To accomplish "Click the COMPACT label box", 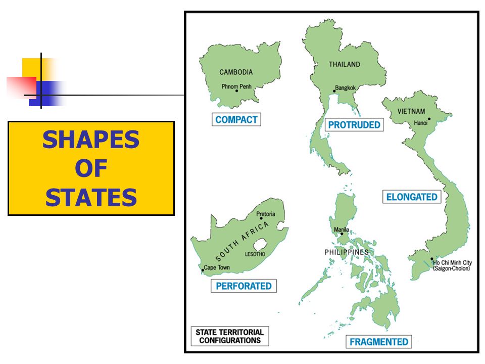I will (x=236, y=120).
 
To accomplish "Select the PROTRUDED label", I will (x=354, y=124).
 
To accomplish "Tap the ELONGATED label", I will (x=412, y=197).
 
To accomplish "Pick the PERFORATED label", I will (x=244, y=286).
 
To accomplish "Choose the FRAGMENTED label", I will (x=379, y=342).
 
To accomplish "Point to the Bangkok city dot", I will (x=334, y=92).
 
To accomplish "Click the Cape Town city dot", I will (x=203, y=270).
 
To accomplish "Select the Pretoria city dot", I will (x=261, y=218).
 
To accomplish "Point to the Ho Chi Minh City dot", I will (x=431, y=259).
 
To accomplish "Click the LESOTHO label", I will (x=255, y=254).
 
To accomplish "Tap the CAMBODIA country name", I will (x=236, y=72).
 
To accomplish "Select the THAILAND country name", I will (x=345, y=64).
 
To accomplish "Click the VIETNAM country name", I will (x=411, y=111).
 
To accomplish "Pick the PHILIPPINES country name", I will (x=347, y=252).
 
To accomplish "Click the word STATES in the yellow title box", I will (x=91, y=197).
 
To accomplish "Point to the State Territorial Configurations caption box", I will (x=230, y=336).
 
